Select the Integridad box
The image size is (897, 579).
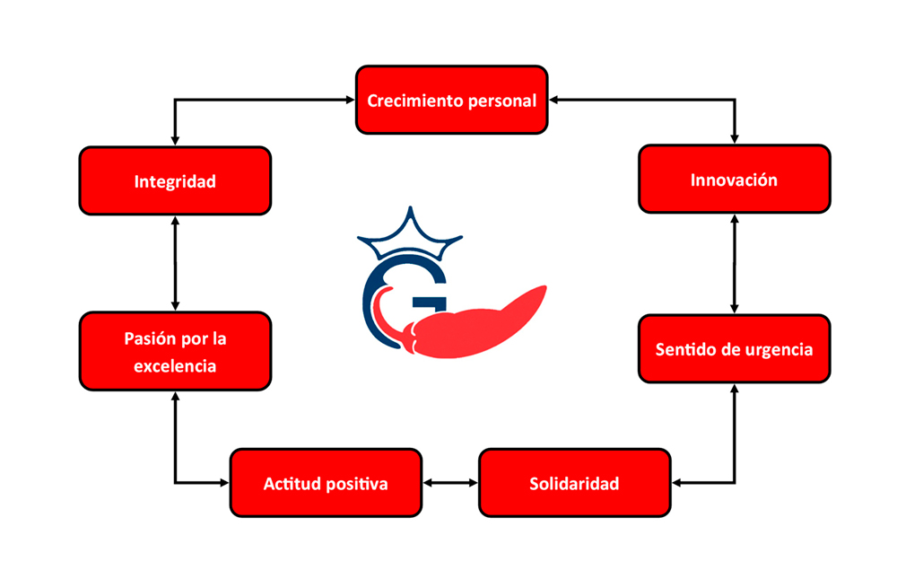click(175, 180)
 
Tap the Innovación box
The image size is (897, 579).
click(734, 180)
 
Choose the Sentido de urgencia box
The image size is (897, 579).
click(734, 348)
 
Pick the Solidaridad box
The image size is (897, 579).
click(574, 483)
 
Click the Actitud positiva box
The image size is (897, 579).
click(326, 483)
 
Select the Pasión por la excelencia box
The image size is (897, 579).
click(175, 351)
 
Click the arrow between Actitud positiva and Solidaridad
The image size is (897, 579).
click(450, 483)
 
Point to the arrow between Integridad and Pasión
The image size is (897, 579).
click(175, 264)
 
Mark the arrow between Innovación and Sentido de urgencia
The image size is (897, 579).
click(735, 264)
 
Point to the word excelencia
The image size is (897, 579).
click(175, 365)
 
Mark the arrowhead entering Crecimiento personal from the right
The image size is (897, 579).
click(554, 99)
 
